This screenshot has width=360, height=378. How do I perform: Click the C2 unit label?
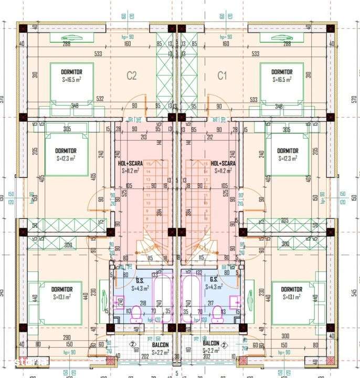point(131,76)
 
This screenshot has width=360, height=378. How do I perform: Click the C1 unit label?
point(224,76)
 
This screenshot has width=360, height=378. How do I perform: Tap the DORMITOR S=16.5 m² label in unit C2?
point(72,76)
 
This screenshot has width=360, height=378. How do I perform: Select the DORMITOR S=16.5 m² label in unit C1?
point(282,76)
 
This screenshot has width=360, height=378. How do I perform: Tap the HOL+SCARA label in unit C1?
point(224,166)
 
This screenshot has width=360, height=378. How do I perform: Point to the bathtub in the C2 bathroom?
point(162,299)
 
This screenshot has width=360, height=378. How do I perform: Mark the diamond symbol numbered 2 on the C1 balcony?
point(224,345)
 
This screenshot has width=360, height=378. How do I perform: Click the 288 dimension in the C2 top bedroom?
point(67,44)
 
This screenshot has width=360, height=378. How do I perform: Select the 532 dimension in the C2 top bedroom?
point(100,98)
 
